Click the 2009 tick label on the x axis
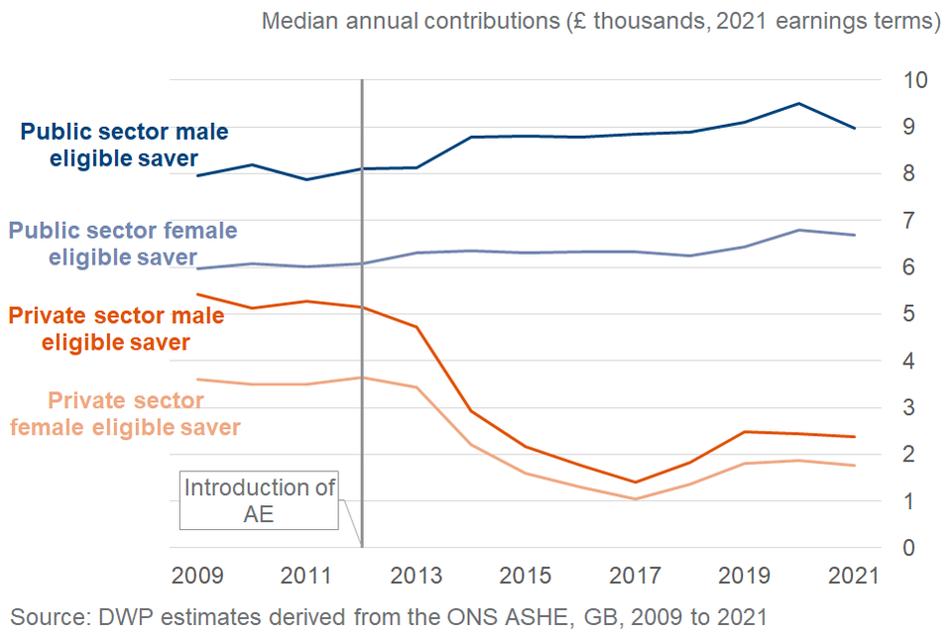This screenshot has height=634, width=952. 195,577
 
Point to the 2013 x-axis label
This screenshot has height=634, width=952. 416,577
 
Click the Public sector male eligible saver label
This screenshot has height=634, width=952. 124,145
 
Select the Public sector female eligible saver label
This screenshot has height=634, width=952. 122,244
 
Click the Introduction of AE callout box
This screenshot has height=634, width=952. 259,500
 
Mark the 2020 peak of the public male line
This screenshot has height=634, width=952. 798,103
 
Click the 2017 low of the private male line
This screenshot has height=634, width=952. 634,482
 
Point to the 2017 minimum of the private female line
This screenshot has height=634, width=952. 634,499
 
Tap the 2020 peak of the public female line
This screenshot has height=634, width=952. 798,230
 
